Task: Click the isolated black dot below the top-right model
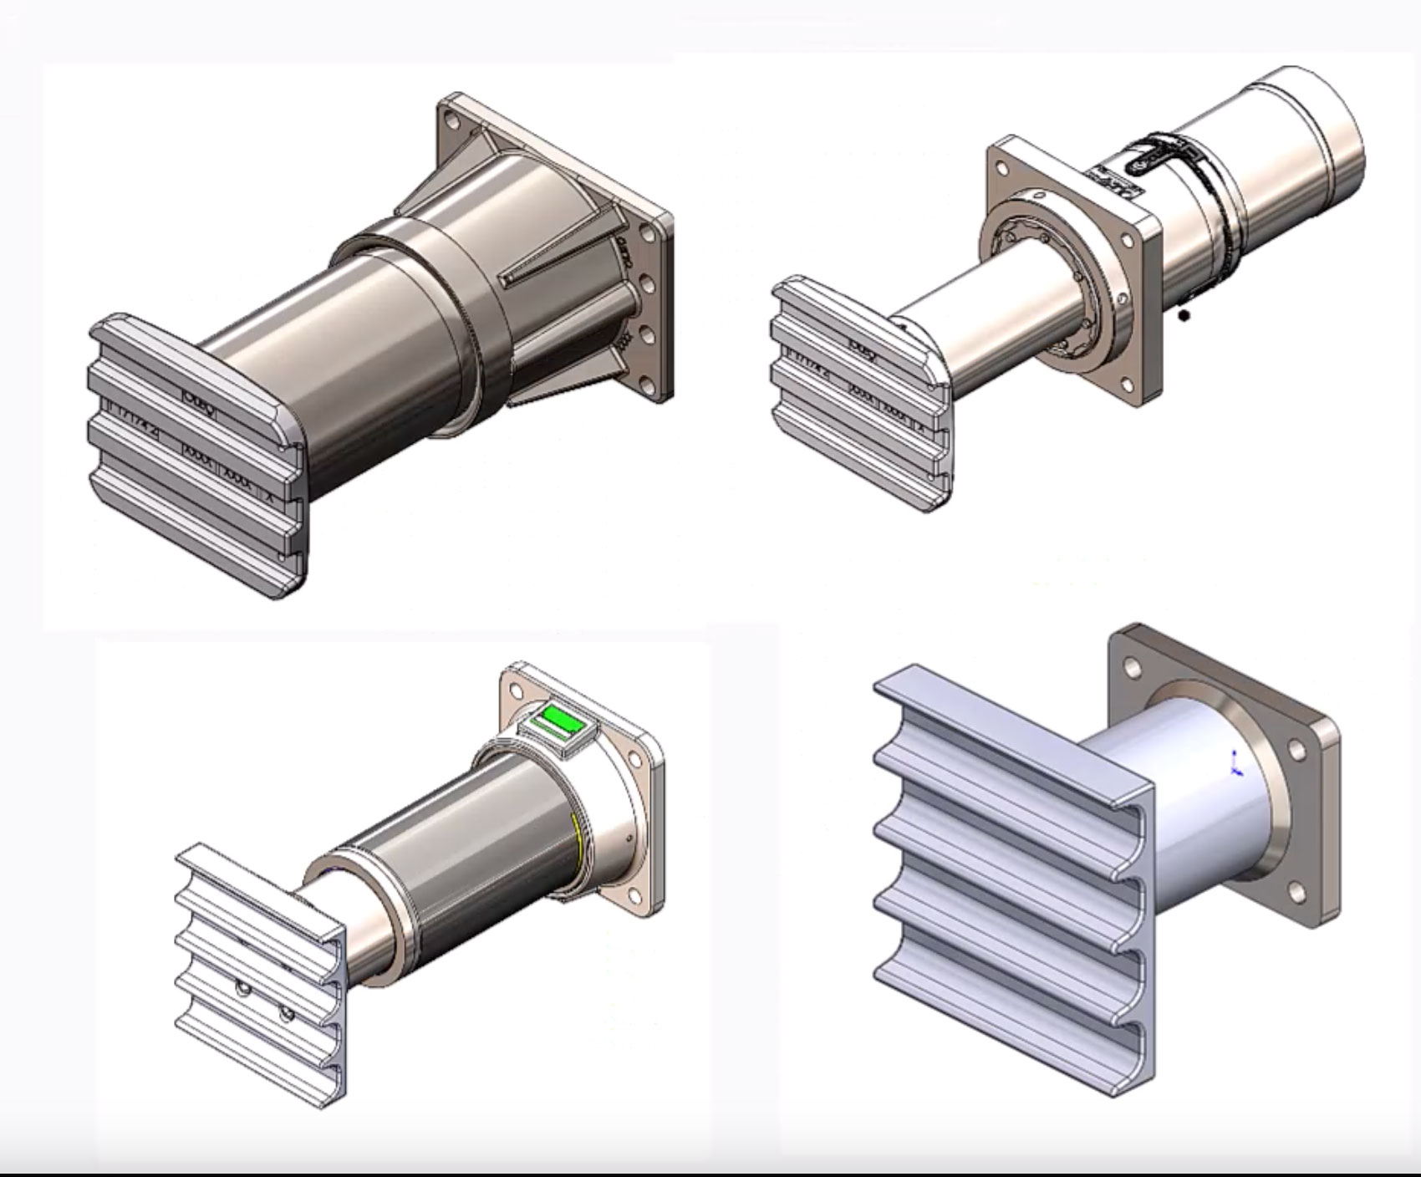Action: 1184,315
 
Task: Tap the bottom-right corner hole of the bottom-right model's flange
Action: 1297,893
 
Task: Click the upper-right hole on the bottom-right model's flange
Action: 1297,751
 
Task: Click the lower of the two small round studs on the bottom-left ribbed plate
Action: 287,1016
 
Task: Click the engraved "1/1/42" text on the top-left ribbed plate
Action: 134,409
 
